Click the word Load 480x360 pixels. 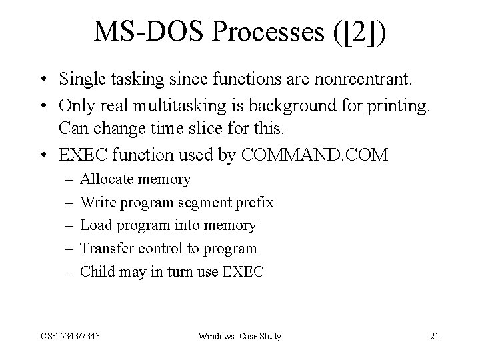pyautogui.click(x=95, y=225)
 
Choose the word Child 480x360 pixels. pyautogui.click(x=97, y=271)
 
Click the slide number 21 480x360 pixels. pyautogui.click(x=434, y=336)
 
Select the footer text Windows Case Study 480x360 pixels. pyautogui.click(x=240, y=336)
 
